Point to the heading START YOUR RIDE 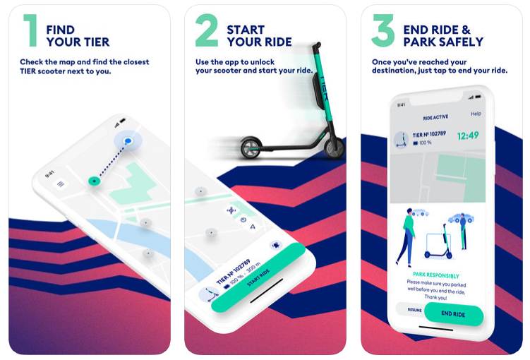click(x=258, y=36)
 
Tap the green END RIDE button click(x=453, y=314)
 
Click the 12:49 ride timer click(x=468, y=135)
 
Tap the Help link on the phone click(x=476, y=114)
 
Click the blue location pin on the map click(x=128, y=141)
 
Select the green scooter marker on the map click(x=93, y=181)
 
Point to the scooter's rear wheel click(x=250, y=148)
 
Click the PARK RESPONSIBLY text click(x=435, y=276)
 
